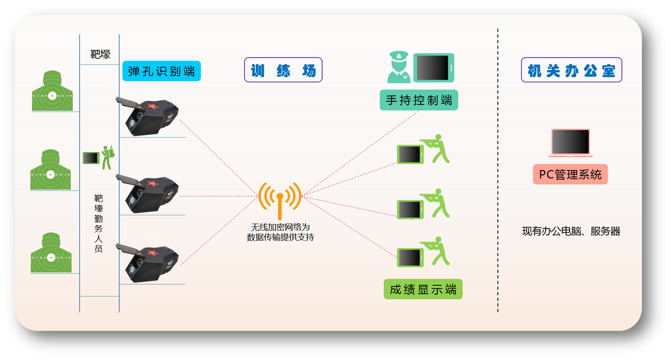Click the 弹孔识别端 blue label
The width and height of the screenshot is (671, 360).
coord(161,71)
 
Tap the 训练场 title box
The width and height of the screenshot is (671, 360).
coord(283,70)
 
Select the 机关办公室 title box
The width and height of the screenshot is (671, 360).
coord(571,70)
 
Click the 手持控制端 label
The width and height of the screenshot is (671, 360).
coord(419,100)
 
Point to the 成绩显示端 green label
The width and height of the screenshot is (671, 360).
coord(423,289)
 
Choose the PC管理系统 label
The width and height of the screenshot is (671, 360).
coord(570,174)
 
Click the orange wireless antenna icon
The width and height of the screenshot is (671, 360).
coord(280,199)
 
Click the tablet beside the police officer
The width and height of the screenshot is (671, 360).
coord(433,68)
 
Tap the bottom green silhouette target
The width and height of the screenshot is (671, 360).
coord(51,253)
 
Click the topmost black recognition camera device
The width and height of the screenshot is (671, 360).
coord(147,117)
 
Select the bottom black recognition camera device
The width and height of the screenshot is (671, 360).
coord(147,262)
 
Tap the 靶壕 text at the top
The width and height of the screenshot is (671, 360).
coord(100,55)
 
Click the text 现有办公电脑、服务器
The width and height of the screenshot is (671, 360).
coord(571,231)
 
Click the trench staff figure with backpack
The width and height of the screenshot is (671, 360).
coord(107,157)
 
